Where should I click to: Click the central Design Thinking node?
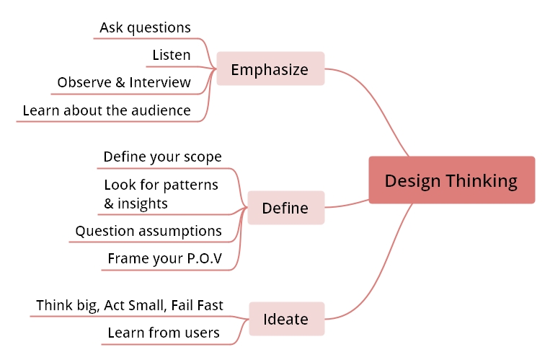click(x=451, y=180)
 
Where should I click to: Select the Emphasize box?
click(x=270, y=69)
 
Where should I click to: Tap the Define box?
click(x=285, y=208)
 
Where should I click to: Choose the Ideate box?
click(x=286, y=319)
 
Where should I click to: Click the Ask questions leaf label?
click(x=145, y=27)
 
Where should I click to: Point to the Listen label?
click(x=172, y=55)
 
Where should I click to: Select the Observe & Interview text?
click(x=124, y=82)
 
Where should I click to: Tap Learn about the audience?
click(x=107, y=110)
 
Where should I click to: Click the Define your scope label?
click(x=162, y=157)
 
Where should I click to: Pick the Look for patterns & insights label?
click(x=160, y=194)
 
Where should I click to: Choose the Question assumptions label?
click(x=148, y=231)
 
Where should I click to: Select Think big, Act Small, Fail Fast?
click(x=130, y=305)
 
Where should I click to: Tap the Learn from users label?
click(x=164, y=333)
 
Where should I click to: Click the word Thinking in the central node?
click(x=484, y=180)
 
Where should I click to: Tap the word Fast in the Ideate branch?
click(x=208, y=305)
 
